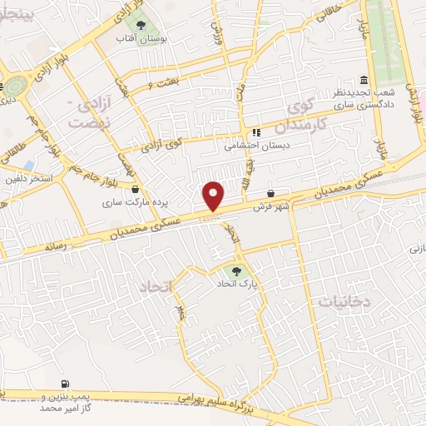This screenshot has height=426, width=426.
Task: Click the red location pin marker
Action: pyautogui.click(x=215, y=196)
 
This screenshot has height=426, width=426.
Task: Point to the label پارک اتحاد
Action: pyautogui.click(x=240, y=285)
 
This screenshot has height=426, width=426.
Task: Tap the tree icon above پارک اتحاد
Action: pyautogui.click(x=240, y=271)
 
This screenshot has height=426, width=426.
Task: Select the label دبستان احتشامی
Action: pyautogui.click(x=256, y=144)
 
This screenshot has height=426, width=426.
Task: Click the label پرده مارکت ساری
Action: pyautogui.click(x=125, y=201)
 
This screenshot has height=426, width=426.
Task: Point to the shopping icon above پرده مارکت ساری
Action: pyautogui.click(x=135, y=188)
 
